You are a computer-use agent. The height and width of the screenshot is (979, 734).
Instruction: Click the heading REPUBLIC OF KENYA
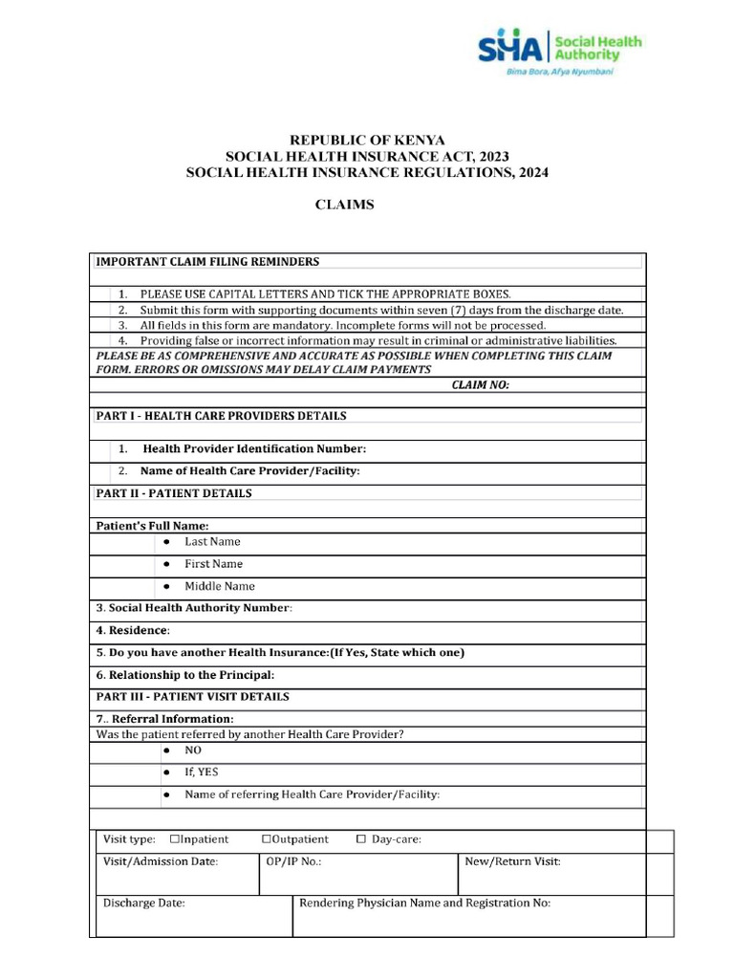(x=367, y=141)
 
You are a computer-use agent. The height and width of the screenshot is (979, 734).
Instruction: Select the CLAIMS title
(x=345, y=205)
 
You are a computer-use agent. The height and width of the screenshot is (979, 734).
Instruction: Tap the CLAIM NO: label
(x=481, y=384)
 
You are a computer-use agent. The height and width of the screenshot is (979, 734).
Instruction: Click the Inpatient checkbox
(x=175, y=839)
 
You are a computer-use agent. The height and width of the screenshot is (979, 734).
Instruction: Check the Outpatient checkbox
(x=266, y=839)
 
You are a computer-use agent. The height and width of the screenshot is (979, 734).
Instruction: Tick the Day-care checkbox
(x=360, y=839)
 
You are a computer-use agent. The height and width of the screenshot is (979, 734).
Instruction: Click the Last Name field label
(x=212, y=541)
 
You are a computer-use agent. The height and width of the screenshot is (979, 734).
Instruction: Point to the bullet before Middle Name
(x=166, y=586)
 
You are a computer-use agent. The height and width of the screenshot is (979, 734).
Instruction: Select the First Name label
(x=213, y=564)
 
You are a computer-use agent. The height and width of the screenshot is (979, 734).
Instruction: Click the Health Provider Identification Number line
(x=254, y=448)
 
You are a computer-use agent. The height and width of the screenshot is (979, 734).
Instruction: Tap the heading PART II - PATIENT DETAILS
(x=174, y=493)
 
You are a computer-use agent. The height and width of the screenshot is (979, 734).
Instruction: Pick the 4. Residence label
(x=133, y=631)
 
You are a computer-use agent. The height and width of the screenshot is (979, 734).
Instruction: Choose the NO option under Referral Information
(x=193, y=751)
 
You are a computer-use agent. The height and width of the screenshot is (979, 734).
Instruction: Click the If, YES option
(x=201, y=772)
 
